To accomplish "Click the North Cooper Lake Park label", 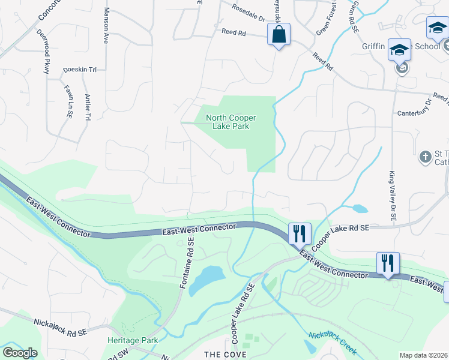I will [228, 122].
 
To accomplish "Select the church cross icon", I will [425, 157].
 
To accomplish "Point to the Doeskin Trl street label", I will [80, 70].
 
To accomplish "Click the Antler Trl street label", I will [88, 107].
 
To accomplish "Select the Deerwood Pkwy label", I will [43, 51].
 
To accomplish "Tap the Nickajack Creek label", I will [333, 343].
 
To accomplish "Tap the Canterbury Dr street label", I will [415, 113].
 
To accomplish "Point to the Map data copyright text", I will [423, 355].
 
